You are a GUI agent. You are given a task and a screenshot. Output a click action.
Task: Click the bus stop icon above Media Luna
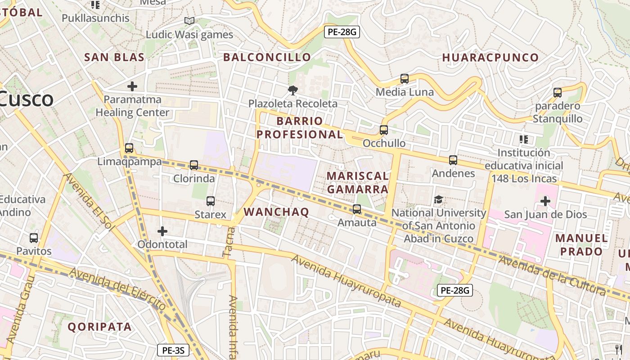(x=404, y=79)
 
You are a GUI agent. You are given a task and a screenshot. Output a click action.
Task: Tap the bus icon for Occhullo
(x=383, y=130)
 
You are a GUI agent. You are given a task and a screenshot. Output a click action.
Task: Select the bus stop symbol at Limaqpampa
(x=129, y=148)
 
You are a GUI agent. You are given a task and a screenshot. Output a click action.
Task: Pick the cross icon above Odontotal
(x=162, y=231)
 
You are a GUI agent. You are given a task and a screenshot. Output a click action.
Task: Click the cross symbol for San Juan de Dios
(x=545, y=201)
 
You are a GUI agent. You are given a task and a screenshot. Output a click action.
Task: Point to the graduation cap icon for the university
(x=438, y=199)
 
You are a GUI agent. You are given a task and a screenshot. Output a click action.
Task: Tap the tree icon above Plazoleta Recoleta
(x=292, y=90)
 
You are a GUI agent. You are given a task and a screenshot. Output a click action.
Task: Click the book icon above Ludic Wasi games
(x=189, y=21)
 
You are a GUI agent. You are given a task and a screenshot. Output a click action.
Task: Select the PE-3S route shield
(x=173, y=350)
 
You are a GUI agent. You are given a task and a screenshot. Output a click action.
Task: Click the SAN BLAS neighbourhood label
(x=114, y=57)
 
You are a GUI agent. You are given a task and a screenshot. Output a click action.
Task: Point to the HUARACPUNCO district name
(x=490, y=58)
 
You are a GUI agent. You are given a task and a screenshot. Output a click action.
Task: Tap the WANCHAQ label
(x=276, y=212)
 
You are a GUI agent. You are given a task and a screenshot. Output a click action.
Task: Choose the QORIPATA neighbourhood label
(x=100, y=327)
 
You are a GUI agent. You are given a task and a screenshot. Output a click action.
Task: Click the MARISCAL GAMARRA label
(x=358, y=182)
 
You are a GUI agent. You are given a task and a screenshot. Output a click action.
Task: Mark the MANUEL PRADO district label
(x=581, y=244)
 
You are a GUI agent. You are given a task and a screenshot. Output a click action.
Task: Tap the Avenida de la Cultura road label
(x=552, y=275)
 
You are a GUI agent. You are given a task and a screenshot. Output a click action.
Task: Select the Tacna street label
(x=229, y=242)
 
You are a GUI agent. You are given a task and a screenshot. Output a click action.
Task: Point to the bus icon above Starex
(x=210, y=201)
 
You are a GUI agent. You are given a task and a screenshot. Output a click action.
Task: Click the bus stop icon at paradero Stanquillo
(x=558, y=93)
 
